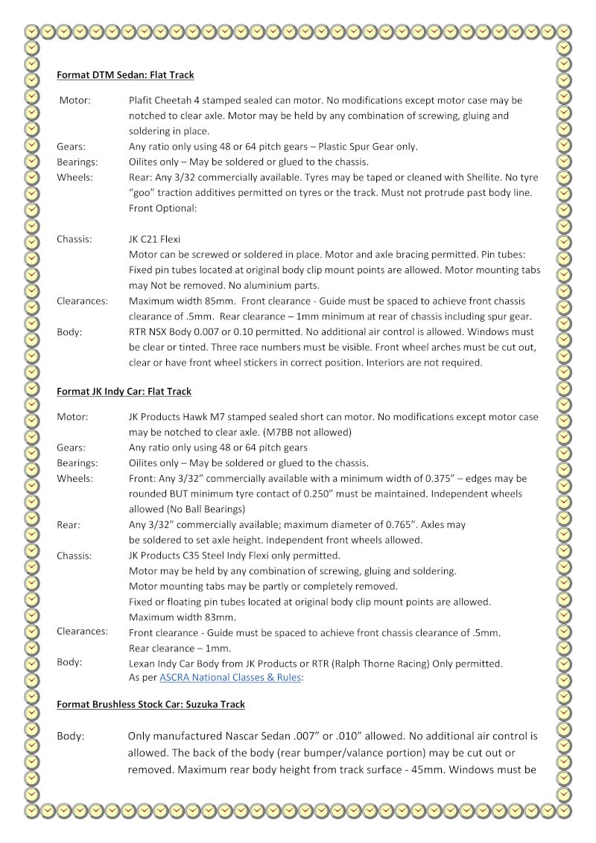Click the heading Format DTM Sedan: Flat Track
(125, 75)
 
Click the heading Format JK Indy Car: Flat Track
(124, 391)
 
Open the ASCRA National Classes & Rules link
(229, 678)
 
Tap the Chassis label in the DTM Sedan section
(74, 239)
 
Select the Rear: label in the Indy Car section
(69, 524)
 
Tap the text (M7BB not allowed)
(305, 432)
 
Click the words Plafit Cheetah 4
(168, 100)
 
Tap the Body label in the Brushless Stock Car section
(71, 736)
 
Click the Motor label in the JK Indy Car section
(72, 416)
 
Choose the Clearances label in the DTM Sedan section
(82, 301)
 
